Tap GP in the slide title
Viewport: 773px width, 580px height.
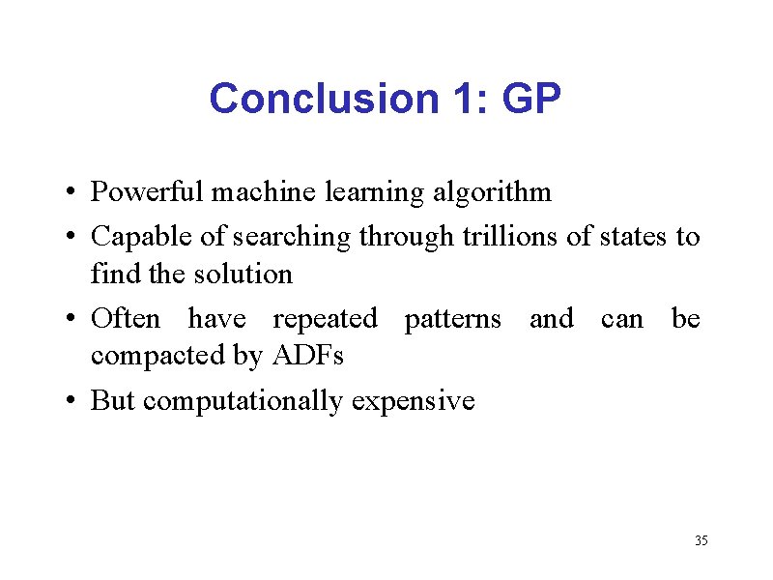[x=531, y=99]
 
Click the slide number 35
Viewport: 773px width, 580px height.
[x=701, y=540]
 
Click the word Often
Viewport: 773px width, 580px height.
[x=125, y=318]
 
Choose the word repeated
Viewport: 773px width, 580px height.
[x=325, y=319]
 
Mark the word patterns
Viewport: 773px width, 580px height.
[x=452, y=319]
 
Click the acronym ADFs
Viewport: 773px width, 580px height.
[x=308, y=356]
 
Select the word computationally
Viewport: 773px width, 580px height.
[x=243, y=400]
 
